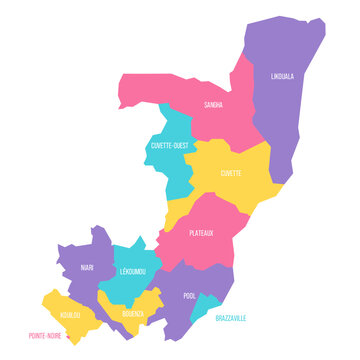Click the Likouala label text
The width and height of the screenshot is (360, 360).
[283, 75]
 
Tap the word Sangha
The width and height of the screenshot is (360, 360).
[213, 103]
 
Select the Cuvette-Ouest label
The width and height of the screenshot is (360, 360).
[169, 145]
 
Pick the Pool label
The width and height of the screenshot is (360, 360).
[190, 296]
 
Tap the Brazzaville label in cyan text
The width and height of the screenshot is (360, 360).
[231, 317]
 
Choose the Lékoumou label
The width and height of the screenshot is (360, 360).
[132, 271]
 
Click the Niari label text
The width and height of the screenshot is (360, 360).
[87, 267]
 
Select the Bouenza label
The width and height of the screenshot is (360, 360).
[134, 312]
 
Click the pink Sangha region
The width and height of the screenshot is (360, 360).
[215, 125]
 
